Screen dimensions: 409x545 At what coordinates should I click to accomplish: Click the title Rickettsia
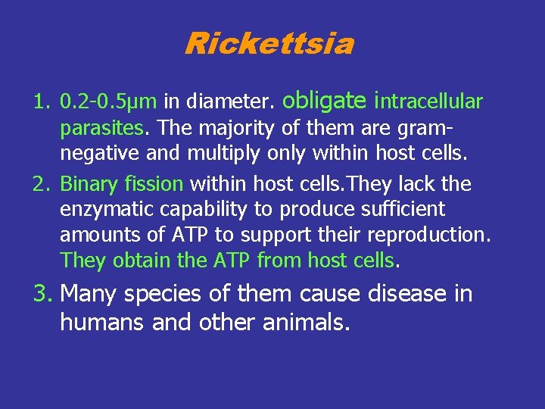pos(269,43)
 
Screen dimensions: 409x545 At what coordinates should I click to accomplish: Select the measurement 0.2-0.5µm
pos(108,101)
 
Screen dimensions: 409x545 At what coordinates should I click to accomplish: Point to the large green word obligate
pos(326,99)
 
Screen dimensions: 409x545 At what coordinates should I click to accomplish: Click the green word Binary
pos(85,184)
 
